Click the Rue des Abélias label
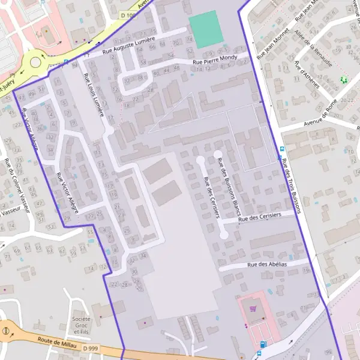[x=267, y=264]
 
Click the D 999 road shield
[x=90, y=348]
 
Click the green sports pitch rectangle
[x=206, y=29]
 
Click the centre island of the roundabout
[x=35, y=61]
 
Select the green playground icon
[x=343, y=79]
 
